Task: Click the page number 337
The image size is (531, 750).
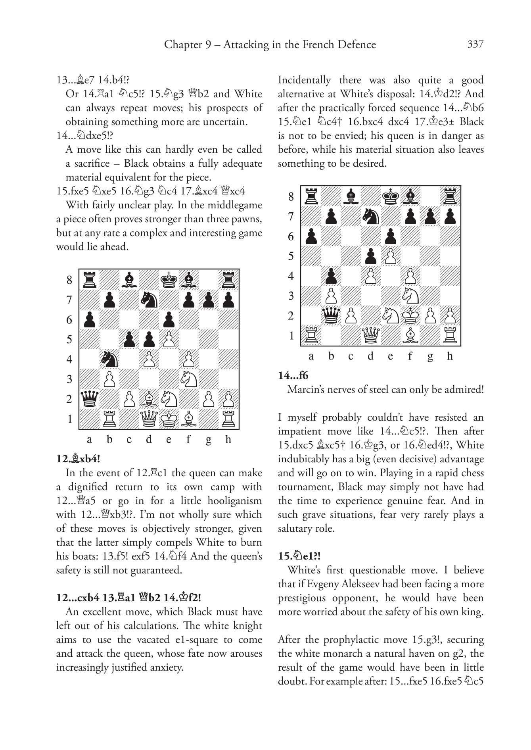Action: point(475,44)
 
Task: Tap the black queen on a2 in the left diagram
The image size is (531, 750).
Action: point(89,399)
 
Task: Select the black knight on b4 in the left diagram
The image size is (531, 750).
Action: point(109,359)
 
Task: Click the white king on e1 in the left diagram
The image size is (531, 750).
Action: point(169,419)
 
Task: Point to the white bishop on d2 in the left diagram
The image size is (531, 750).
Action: point(149,399)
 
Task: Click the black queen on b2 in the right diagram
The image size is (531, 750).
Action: point(331,315)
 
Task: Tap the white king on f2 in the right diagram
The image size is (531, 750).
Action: point(410,315)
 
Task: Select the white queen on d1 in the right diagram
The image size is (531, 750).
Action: point(371,335)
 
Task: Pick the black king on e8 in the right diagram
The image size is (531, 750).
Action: point(391,196)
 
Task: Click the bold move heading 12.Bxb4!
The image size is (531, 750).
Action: point(78,459)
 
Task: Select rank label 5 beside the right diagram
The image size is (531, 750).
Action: point(291,256)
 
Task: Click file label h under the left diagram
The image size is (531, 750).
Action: point(228,439)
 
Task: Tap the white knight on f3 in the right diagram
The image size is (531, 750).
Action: point(410,296)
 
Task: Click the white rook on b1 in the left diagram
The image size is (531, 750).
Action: point(109,419)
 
